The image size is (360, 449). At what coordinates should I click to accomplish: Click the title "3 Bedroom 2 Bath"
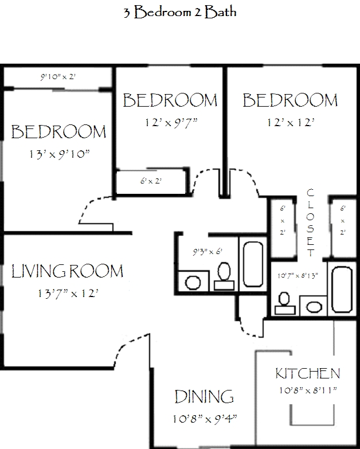pos(180,12)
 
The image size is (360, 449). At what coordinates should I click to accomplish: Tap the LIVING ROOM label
pos(67,271)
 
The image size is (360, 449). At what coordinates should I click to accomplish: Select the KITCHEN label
pos(308,373)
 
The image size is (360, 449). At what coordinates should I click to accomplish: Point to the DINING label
pos(204,397)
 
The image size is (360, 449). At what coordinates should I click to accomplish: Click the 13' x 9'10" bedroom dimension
pos(60,154)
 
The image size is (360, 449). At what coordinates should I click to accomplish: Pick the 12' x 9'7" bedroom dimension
pos(171,123)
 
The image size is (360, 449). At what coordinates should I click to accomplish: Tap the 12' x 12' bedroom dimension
pos(291,123)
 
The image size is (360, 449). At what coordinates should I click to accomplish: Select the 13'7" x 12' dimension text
pos(68,294)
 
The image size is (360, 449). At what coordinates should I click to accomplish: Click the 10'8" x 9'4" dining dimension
pos(205,419)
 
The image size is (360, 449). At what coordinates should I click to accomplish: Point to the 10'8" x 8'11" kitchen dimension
pos(308,390)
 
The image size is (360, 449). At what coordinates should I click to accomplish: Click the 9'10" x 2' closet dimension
pos(58,77)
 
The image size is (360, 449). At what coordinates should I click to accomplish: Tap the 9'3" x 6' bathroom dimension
pos(208,252)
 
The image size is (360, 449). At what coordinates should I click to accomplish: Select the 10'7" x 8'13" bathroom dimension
pos(298,276)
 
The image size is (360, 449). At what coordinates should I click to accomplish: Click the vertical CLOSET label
pos(310,222)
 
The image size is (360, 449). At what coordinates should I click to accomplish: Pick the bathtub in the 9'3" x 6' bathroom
pos(253,264)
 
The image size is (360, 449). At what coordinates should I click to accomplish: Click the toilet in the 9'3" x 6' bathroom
pos(224,276)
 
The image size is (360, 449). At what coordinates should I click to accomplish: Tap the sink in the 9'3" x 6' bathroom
pos(193,283)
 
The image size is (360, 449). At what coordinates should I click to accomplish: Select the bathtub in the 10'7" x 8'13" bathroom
pos(342,290)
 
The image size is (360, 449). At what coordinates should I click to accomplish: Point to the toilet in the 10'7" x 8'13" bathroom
pos(285,303)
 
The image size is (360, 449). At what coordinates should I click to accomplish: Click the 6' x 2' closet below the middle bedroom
pos(151,181)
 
